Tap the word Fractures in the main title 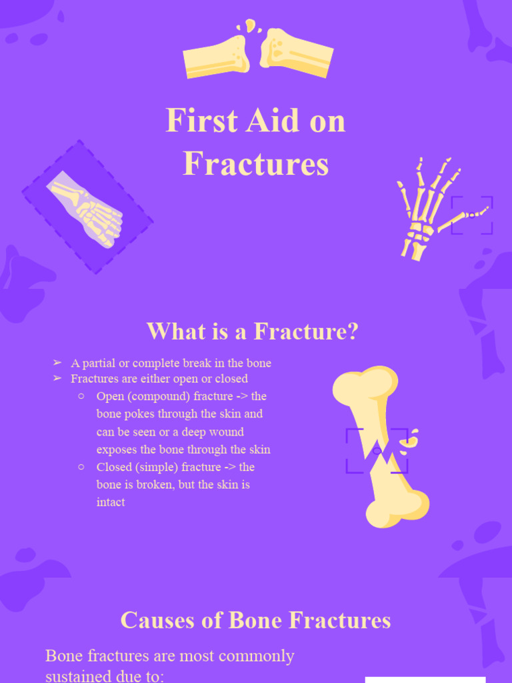(x=256, y=163)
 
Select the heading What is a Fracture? (x=253, y=331)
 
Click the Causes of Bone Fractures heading (x=255, y=621)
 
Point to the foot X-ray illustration (x=87, y=207)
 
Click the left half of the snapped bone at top (x=216, y=56)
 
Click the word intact (x=111, y=502)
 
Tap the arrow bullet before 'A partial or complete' (x=57, y=363)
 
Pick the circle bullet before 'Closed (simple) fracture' (x=81, y=467)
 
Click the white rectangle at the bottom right (x=425, y=680)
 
